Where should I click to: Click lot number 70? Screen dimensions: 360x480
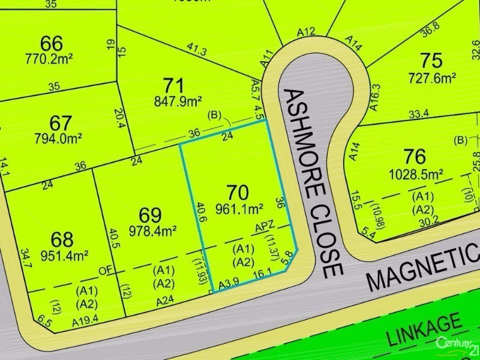pyautogui.click(x=238, y=193)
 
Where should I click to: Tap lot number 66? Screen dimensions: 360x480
pyautogui.click(x=52, y=43)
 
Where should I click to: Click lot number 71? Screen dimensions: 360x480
pyautogui.click(x=173, y=86)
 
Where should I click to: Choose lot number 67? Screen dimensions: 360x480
pyautogui.click(x=61, y=123)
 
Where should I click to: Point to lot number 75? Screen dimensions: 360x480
pyautogui.click(x=431, y=61)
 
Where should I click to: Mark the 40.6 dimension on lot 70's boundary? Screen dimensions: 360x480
pyautogui.click(x=199, y=213)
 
